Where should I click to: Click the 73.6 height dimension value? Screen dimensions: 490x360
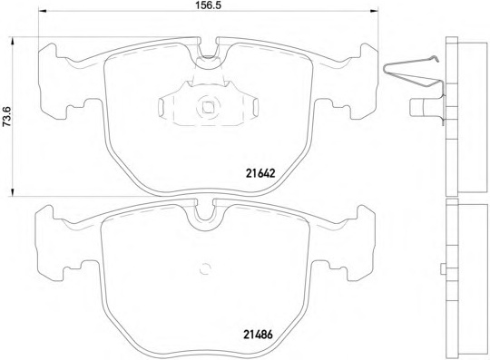[6, 116]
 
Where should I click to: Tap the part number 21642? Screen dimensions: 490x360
[260, 173]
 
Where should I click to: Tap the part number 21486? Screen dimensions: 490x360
[258, 335]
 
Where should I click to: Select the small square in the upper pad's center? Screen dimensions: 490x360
[208, 107]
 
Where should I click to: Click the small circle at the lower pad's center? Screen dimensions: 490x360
[205, 268]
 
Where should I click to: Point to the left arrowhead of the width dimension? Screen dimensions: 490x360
[42, 12]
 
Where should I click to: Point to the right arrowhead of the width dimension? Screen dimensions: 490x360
[374, 12]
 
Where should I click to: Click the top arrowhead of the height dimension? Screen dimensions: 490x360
[13, 42]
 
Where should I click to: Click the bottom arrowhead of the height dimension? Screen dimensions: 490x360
[13, 192]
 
